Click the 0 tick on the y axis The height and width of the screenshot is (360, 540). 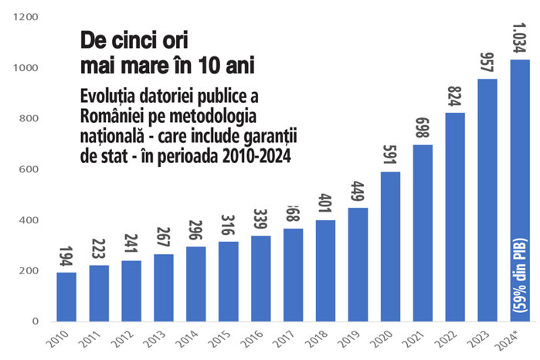(x=35, y=321)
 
